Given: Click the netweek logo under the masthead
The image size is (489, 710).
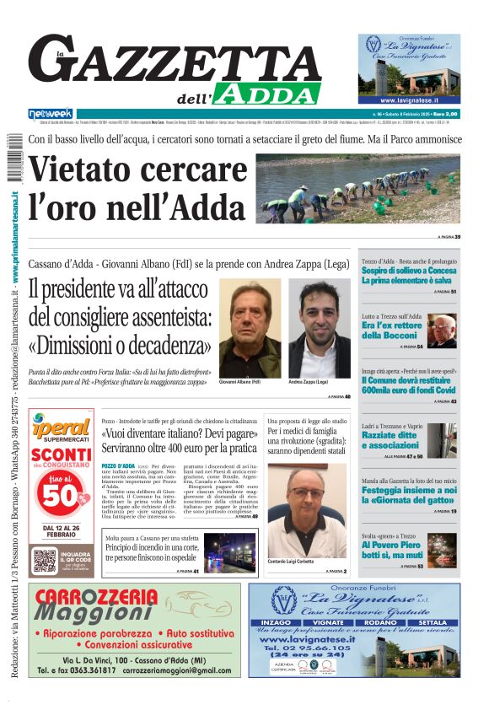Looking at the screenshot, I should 51,113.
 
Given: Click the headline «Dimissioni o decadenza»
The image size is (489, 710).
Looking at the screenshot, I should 119,346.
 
